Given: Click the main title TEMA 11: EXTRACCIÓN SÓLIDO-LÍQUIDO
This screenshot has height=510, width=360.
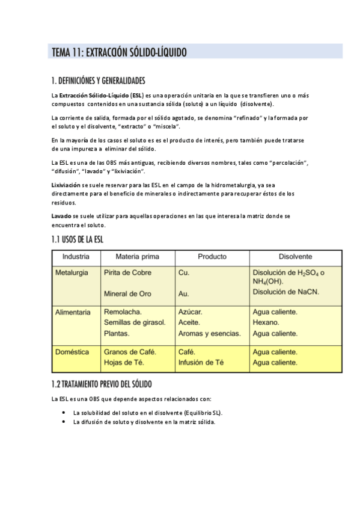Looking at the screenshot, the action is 119,53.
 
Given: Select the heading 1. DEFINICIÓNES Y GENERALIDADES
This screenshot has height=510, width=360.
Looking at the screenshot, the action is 98,81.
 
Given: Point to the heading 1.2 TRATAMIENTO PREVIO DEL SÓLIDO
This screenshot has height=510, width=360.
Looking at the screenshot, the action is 102,384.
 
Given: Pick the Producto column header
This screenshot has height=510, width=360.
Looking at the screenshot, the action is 212,256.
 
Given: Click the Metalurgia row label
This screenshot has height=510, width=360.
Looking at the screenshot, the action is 72,272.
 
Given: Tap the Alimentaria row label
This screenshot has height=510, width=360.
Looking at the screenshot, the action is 73,312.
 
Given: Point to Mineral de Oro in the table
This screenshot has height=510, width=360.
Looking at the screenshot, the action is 127,294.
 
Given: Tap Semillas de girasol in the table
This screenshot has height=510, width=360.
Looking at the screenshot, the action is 135,322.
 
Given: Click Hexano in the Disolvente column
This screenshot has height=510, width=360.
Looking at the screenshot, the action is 266,322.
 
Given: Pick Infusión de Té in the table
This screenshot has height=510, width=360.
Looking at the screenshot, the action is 201,362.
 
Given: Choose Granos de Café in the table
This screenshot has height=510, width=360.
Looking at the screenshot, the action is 130,352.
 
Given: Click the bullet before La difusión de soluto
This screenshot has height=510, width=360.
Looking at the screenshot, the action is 64,422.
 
